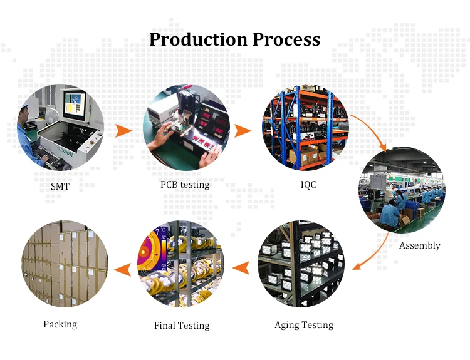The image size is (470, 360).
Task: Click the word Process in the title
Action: tap(286, 40)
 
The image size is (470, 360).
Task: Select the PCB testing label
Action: tap(185, 185)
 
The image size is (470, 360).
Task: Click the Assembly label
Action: tap(420, 245)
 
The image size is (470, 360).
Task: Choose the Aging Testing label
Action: tap(304, 325)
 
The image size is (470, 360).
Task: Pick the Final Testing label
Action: tap(182, 326)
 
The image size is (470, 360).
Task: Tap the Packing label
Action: tap(60, 324)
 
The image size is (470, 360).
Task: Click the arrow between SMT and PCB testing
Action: tap(124, 131)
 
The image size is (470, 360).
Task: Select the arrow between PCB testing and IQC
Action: tap(243, 131)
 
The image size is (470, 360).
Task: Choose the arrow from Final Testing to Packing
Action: tap(124, 269)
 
